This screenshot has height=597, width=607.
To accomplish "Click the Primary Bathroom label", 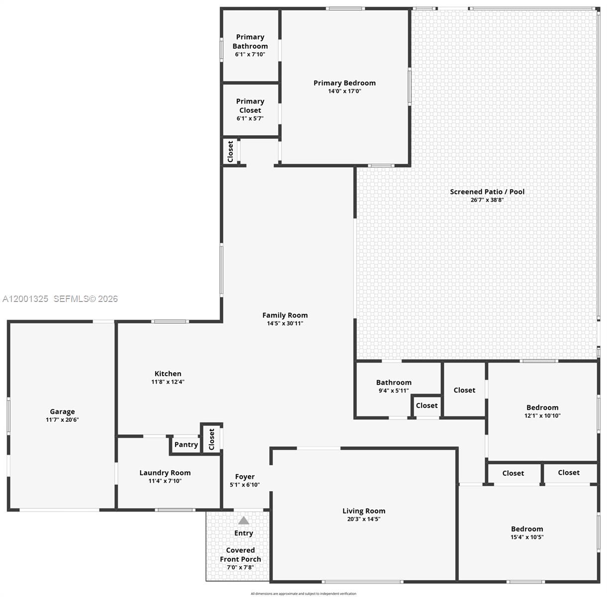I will click(x=250, y=41).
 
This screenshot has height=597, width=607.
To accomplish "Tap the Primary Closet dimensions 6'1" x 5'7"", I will click(x=250, y=118).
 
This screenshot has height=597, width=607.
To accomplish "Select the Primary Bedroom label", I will click(x=344, y=83).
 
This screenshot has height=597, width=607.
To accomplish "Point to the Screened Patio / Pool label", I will click(x=487, y=192).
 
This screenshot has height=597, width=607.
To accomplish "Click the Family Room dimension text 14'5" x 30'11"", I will click(x=285, y=323).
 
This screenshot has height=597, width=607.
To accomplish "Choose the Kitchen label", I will click(x=168, y=374).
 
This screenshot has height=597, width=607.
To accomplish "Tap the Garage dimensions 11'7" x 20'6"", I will click(x=62, y=419).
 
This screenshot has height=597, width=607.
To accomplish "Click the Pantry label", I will click(x=186, y=445).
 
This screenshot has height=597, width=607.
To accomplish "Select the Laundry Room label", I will click(x=165, y=473).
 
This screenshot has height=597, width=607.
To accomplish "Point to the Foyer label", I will click(x=245, y=477).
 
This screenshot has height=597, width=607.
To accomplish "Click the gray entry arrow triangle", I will click(x=243, y=520).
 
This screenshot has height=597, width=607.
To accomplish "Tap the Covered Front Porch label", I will click(x=240, y=555).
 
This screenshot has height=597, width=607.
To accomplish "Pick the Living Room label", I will click(x=364, y=511).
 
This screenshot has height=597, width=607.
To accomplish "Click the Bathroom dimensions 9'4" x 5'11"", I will click(x=394, y=391).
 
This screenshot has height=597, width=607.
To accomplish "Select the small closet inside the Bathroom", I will click(x=426, y=405).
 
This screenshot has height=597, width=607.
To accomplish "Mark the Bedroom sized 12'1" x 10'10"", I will click(x=542, y=411).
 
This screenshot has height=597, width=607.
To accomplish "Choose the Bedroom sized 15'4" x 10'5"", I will click(x=527, y=532).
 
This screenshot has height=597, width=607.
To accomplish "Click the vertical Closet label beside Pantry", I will click(x=211, y=439).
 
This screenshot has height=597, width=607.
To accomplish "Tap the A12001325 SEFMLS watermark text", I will click(x=60, y=298).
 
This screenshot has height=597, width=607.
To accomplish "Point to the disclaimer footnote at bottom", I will click(x=303, y=594).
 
